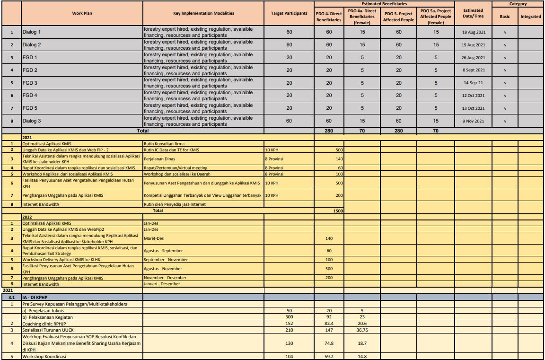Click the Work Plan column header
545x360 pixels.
pos(82,13)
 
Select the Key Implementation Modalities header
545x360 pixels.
pos(203,13)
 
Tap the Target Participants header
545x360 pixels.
pos(289,13)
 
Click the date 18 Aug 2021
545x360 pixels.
pos(473,32)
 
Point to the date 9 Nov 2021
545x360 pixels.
pos(473,121)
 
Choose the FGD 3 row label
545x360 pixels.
pos(29,83)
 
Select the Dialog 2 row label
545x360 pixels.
pos(32,45)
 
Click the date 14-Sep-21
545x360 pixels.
pos(473,83)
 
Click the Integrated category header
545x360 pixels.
pos(530,17)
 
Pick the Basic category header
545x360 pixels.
pos(505,17)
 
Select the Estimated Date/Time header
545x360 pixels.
pos(473,13)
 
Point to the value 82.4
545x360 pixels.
pos(329,324)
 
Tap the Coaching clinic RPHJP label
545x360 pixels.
pos(44,324)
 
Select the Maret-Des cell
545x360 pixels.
pos(154,238)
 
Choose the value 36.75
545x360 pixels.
pos(362,330)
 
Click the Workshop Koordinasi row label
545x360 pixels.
pos(44,357)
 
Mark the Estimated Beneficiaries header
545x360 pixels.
pos(384,4)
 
